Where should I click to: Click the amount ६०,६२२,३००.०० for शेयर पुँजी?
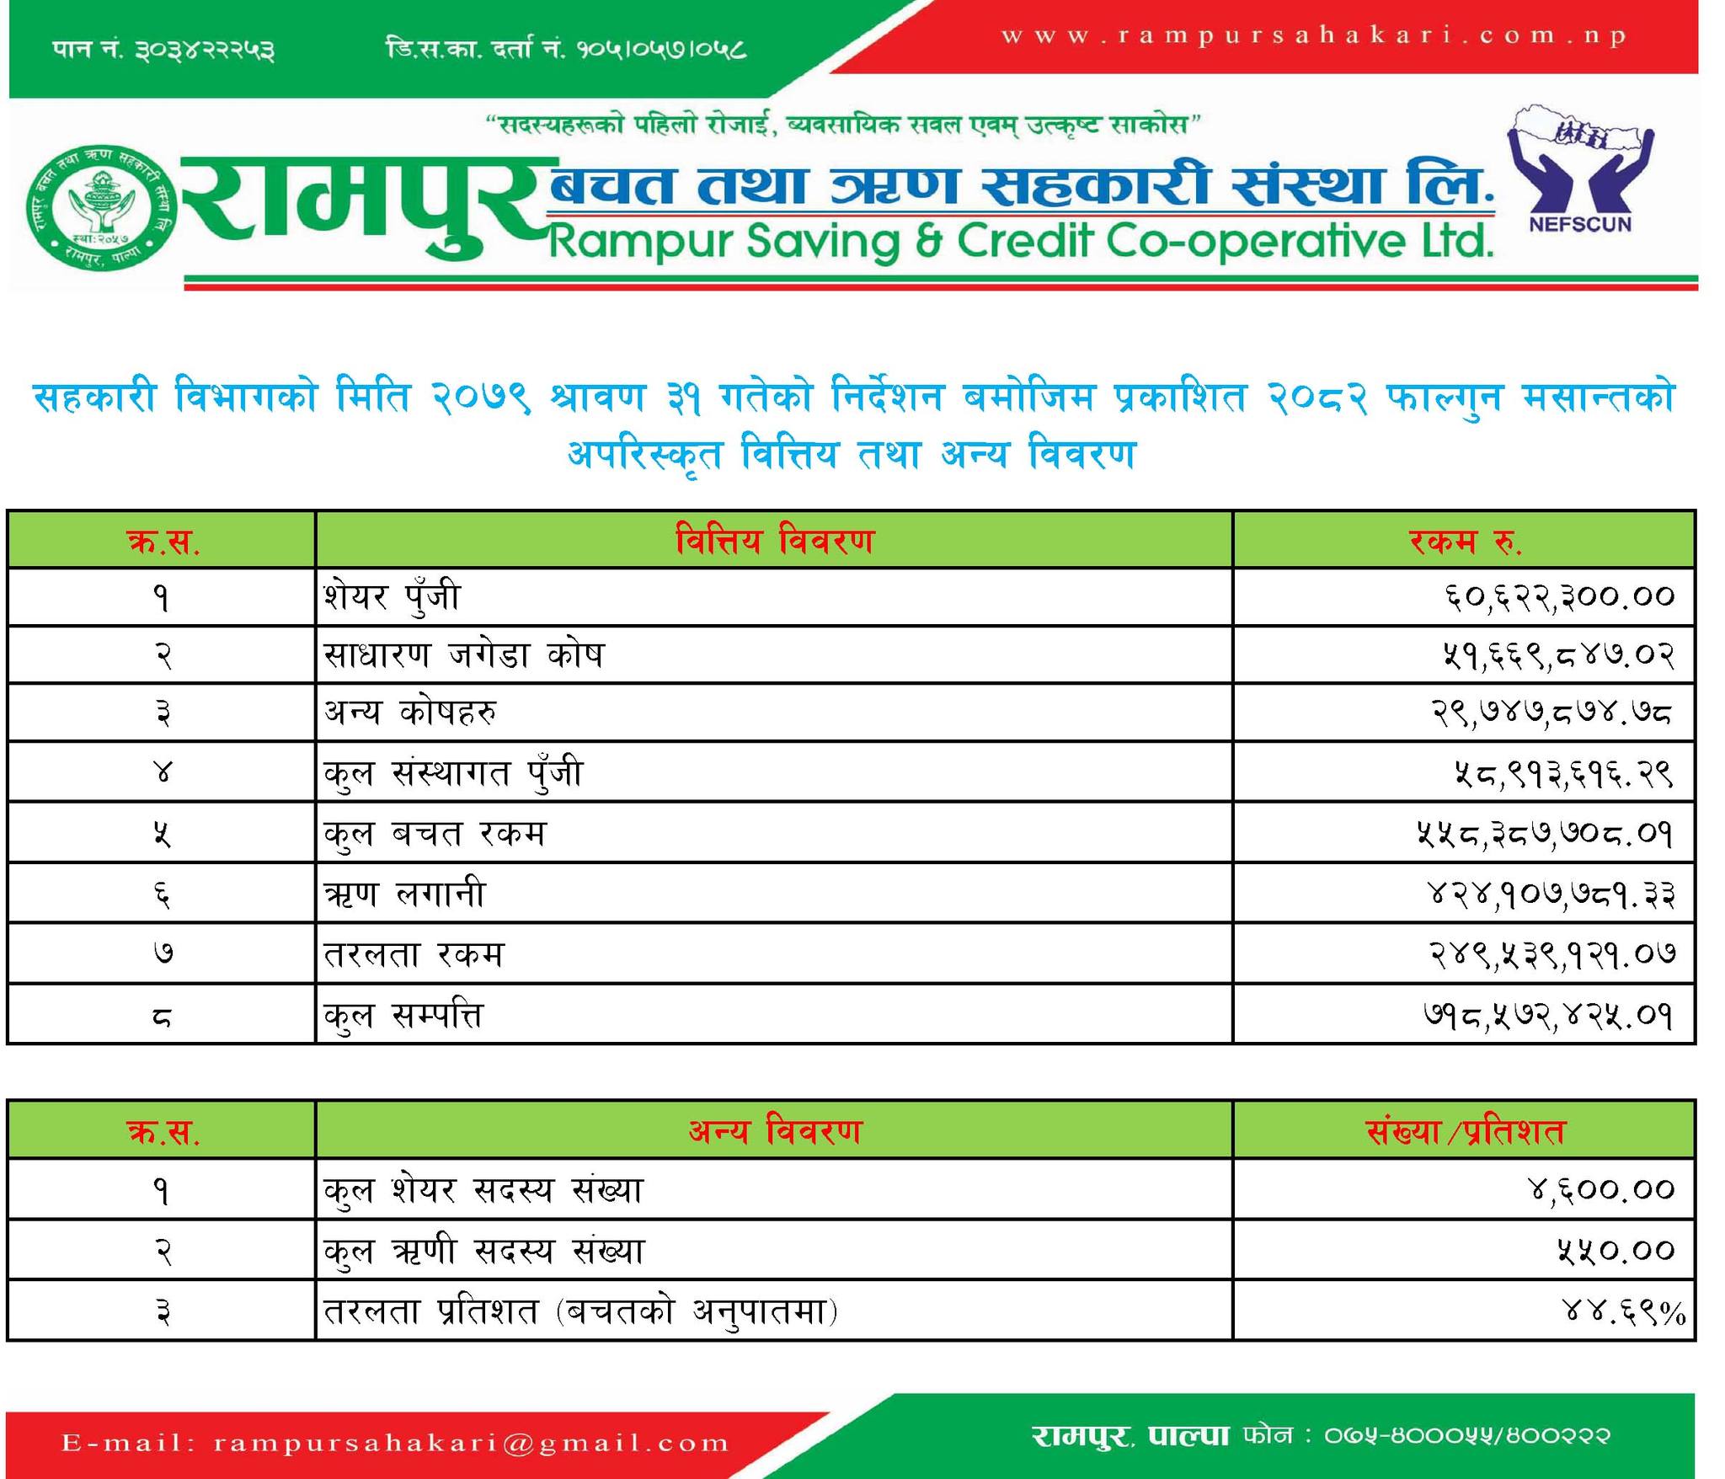coord(1557,597)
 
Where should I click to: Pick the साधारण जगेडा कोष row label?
coord(464,654)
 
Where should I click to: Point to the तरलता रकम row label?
coord(414,954)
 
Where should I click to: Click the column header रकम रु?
coord(1465,541)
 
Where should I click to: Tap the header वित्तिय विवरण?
coord(774,541)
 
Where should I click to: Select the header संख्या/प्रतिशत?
coord(1465,1130)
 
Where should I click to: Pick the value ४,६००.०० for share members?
coord(1599,1190)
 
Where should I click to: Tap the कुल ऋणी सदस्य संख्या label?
coord(483,1251)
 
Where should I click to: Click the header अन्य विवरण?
coord(774,1130)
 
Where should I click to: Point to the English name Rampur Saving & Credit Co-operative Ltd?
coord(1020,243)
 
